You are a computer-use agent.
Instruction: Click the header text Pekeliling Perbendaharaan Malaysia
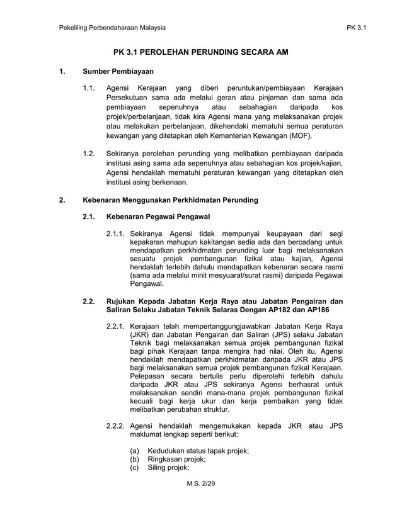(112, 28)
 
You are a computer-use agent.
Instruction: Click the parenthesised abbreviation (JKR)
(140, 336)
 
